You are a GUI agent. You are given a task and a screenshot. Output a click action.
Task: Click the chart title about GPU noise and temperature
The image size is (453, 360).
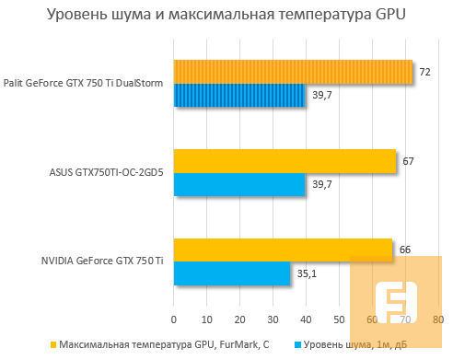pos(226,16)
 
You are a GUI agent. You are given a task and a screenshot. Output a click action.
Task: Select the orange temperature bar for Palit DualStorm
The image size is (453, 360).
pos(293,72)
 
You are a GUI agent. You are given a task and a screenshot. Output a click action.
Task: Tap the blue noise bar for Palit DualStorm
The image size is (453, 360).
pos(239,96)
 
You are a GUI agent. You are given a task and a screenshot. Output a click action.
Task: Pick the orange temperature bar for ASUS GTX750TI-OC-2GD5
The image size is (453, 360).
pos(285,161)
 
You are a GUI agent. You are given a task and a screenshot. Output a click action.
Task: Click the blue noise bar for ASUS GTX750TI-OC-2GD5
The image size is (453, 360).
pos(239,185)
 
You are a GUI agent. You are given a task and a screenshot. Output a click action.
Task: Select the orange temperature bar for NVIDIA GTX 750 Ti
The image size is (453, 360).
pos(283,250)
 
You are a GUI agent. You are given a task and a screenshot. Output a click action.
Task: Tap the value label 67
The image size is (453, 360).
pos(408,161)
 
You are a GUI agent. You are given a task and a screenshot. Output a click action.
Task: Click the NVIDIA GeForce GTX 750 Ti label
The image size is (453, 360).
pos(102,262)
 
